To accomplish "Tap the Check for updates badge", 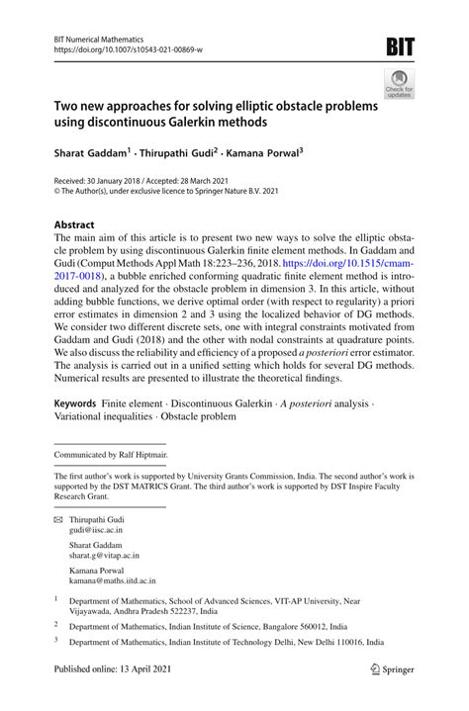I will pyautogui.click(x=399, y=86).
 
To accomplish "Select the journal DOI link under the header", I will pyautogui.click(x=124, y=48).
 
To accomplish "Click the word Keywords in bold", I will pyautogui.click(x=74, y=404).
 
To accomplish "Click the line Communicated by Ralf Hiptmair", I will pyautogui.click(x=111, y=454).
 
